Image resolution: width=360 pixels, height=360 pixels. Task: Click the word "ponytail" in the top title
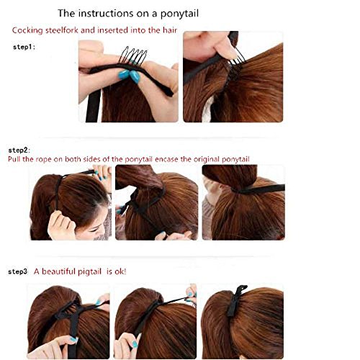[x=179, y=14]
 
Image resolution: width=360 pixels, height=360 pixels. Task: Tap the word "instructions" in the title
[x=106, y=13]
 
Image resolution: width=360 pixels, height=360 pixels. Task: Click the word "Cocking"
[x=27, y=31]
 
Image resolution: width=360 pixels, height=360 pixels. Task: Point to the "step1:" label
[x=24, y=47]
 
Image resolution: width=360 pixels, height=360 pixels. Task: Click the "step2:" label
[x=19, y=150]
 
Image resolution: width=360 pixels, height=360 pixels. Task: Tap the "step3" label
[x=17, y=271]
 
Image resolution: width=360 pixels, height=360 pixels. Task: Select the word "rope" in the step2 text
[x=43, y=160]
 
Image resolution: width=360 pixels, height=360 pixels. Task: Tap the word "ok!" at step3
[x=120, y=271]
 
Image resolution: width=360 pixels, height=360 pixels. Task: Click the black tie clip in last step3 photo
[x=235, y=301]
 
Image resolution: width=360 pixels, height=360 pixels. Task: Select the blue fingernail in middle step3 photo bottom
[x=135, y=344]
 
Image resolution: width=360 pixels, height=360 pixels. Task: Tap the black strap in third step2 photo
[x=259, y=189]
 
